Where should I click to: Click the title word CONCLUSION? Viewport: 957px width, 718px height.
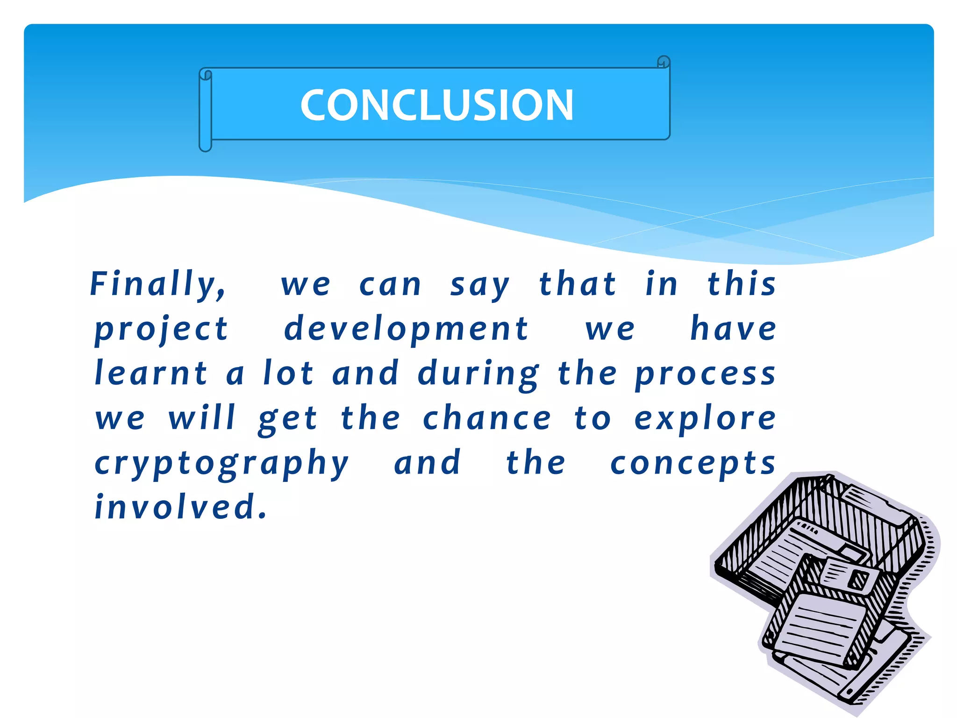437,105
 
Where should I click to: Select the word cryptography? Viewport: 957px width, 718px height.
221,464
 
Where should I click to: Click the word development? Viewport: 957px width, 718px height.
406,329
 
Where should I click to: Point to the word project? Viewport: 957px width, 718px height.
162,330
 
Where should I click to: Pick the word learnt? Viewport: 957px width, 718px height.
151,373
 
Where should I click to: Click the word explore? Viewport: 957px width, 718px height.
705,418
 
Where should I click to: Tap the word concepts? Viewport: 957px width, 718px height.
693,464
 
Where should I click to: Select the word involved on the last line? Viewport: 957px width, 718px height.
180,507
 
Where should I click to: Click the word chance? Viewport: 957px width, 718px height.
487,418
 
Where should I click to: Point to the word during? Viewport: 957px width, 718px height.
478,374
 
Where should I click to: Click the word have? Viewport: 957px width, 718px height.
733,329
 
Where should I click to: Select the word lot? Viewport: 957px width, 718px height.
288,373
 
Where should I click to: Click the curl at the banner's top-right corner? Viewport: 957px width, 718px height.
664,62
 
